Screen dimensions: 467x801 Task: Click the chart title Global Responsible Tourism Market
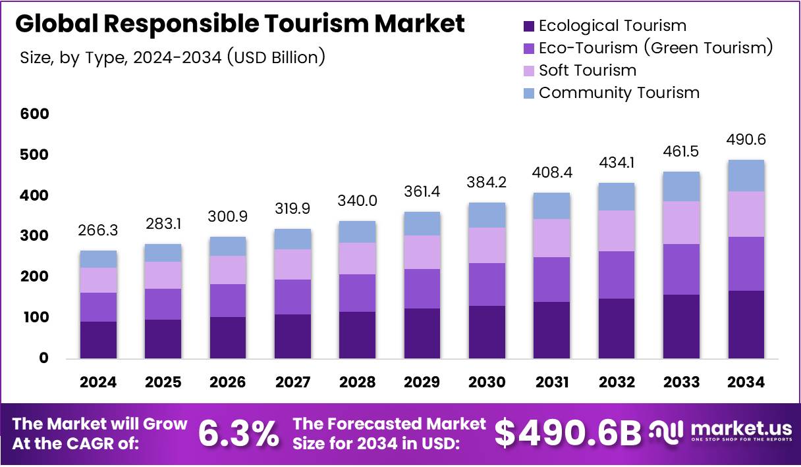coord(240,24)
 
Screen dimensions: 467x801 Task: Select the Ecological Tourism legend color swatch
coord(529,26)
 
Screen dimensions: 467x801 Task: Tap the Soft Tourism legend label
coord(588,70)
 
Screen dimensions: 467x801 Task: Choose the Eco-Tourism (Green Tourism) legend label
coord(655,48)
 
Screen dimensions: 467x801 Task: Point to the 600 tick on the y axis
coord(34,114)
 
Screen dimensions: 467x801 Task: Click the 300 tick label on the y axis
coord(34,236)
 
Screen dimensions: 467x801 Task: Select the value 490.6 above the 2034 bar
coord(746,140)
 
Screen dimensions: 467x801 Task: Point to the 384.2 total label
coord(487,184)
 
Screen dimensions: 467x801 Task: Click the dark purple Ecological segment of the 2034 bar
coord(746,324)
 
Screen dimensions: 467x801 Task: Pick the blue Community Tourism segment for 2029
coord(422,224)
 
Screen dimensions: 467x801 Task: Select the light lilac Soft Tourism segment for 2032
coord(617,231)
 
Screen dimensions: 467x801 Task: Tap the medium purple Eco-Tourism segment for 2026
coord(228,301)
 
